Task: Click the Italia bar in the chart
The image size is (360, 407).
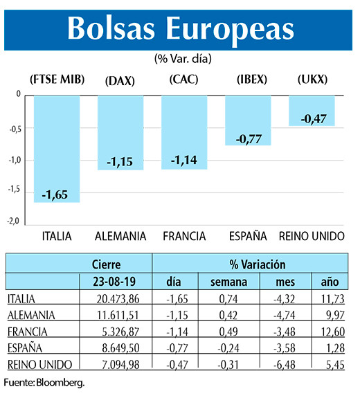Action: (x=57, y=148)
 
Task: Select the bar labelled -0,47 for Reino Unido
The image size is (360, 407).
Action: (x=312, y=111)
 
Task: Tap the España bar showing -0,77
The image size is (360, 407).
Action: (x=248, y=120)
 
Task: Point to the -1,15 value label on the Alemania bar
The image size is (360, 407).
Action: (x=120, y=162)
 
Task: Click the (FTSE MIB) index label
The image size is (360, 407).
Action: (x=57, y=80)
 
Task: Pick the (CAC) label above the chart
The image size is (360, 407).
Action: (x=183, y=80)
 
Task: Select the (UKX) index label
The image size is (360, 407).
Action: (x=312, y=80)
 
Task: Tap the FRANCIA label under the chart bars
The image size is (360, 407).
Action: (x=183, y=236)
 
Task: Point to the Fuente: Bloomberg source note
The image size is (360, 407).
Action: (x=43, y=382)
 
